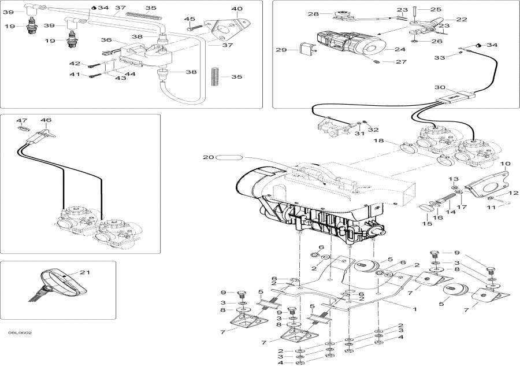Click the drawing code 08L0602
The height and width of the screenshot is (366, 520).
(x=20, y=332)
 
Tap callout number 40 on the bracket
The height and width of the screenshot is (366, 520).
(x=237, y=9)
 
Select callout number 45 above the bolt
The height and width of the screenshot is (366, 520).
(x=190, y=19)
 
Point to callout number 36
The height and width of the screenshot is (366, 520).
(x=106, y=40)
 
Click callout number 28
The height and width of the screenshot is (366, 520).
(x=313, y=14)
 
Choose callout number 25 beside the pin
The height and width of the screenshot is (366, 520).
(x=436, y=10)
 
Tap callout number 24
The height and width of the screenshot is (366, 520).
(x=400, y=49)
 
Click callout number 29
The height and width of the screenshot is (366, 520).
(x=281, y=50)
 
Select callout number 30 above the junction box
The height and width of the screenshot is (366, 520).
(x=440, y=87)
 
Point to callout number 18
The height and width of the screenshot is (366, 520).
(x=378, y=141)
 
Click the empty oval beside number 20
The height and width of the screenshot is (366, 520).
(x=229, y=157)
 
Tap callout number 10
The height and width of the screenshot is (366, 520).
(x=506, y=164)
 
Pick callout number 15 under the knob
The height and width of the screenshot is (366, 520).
(x=427, y=224)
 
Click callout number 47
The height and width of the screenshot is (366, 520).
(x=21, y=120)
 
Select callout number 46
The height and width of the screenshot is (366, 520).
(x=46, y=120)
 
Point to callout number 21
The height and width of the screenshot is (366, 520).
(x=85, y=272)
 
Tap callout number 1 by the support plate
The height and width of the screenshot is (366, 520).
(x=414, y=309)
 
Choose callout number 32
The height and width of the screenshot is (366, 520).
(x=373, y=130)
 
